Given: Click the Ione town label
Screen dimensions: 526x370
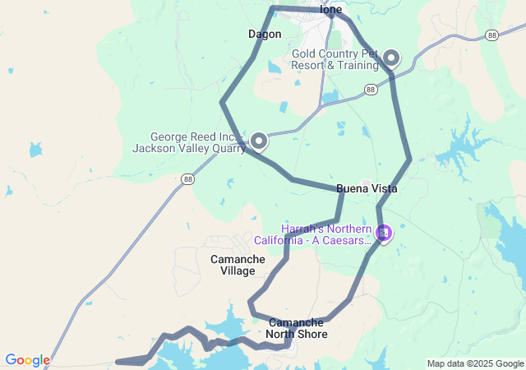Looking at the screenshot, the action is [x=331, y=10].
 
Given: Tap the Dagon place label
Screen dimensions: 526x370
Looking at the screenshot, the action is [x=265, y=35].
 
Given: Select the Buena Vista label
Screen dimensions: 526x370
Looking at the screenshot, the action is [x=367, y=189].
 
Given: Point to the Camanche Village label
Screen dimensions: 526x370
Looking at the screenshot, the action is [x=238, y=265].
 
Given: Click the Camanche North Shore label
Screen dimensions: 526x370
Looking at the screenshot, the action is [x=298, y=328].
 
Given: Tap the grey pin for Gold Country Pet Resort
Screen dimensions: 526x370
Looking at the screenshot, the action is [x=391, y=58].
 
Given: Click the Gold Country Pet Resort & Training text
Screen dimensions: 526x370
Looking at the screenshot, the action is [x=335, y=59].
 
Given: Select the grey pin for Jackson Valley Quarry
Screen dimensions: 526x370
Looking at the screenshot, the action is [x=259, y=141].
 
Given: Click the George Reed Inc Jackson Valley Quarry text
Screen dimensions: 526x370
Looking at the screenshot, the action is [x=189, y=142].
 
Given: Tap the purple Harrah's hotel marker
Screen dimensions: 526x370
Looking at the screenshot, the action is [x=383, y=234].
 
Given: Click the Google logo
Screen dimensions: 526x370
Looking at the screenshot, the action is [x=27, y=360].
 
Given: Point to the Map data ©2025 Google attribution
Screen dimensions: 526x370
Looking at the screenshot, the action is [x=475, y=363].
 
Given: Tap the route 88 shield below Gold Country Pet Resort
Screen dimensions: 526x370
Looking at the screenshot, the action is [x=371, y=89].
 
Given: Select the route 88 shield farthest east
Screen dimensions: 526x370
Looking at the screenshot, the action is [x=491, y=35].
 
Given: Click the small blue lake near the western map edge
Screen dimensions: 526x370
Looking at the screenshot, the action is [x=35, y=150].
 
